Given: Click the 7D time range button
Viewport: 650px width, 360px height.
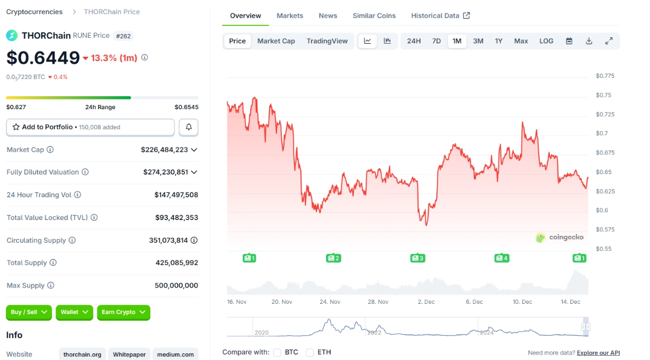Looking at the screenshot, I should click(436, 41).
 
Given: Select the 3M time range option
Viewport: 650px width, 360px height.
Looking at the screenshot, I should click(478, 41).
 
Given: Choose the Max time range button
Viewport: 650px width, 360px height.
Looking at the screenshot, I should click(521, 41).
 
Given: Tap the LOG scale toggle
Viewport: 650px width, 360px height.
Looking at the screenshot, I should click(546, 41).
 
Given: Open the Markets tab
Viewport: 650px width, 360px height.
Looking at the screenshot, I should click(290, 16).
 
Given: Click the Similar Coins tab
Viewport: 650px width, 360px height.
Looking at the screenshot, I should click(374, 16).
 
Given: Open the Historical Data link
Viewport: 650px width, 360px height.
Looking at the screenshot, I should click(440, 16).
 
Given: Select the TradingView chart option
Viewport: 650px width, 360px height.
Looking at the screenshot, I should click(327, 41).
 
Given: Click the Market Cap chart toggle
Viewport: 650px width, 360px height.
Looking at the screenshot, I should click(276, 41).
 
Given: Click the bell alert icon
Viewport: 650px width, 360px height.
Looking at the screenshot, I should click(189, 127).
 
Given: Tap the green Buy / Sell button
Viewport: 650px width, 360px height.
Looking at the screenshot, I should click(29, 312).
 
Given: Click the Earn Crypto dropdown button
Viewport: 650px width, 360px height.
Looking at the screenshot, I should click(123, 312).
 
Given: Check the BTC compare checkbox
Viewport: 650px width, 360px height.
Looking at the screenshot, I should click(277, 352).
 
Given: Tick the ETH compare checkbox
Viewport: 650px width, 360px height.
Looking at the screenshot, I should click(310, 352).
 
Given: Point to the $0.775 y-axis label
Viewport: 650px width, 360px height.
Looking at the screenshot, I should click(605, 76).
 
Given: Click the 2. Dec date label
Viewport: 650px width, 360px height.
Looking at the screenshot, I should click(426, 302).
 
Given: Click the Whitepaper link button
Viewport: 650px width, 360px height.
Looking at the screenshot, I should click(129, 355).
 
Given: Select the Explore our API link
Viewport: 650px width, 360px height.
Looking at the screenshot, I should click(598, 353).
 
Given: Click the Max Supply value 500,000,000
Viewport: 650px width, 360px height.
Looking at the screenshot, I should click(176, 285).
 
